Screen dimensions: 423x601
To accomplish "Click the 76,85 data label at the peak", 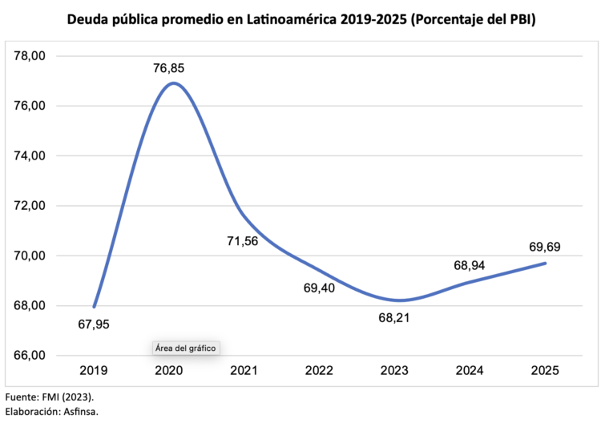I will [170, 68].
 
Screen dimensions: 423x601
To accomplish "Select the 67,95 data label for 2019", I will [94, 324].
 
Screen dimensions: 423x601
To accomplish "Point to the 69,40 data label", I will [320, 286].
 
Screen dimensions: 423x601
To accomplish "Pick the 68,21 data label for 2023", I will [396, 318].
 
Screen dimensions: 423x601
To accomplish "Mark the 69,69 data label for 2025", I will [544, 246].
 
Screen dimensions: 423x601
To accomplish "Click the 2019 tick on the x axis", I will [94, 371].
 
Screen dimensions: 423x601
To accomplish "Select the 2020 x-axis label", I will [169, 371].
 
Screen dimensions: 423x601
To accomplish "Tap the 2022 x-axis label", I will [319, 371].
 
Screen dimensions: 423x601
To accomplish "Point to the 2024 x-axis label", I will [470, 371].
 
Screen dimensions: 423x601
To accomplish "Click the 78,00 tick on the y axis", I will [31, 56].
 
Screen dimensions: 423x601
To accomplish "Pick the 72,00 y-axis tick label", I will [31, 206].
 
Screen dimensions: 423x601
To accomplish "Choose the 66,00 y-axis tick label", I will [31, 356].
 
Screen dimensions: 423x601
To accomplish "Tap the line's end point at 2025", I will [545, 263].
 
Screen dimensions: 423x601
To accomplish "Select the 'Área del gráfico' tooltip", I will [186, 348].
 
